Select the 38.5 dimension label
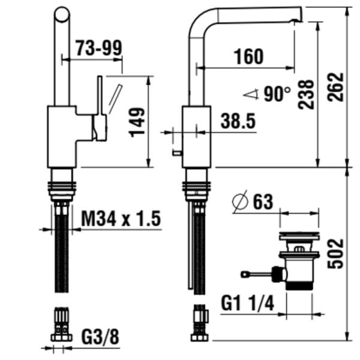click(x=238, y=121)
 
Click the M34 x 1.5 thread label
click(x=121, y=219)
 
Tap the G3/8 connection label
click(x=100, y=337)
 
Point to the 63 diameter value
click(x=262, y=202)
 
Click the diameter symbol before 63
click(x=240, y=202)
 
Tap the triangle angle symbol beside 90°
click(x=251, y=93)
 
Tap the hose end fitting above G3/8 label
click(x=62, y=325)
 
